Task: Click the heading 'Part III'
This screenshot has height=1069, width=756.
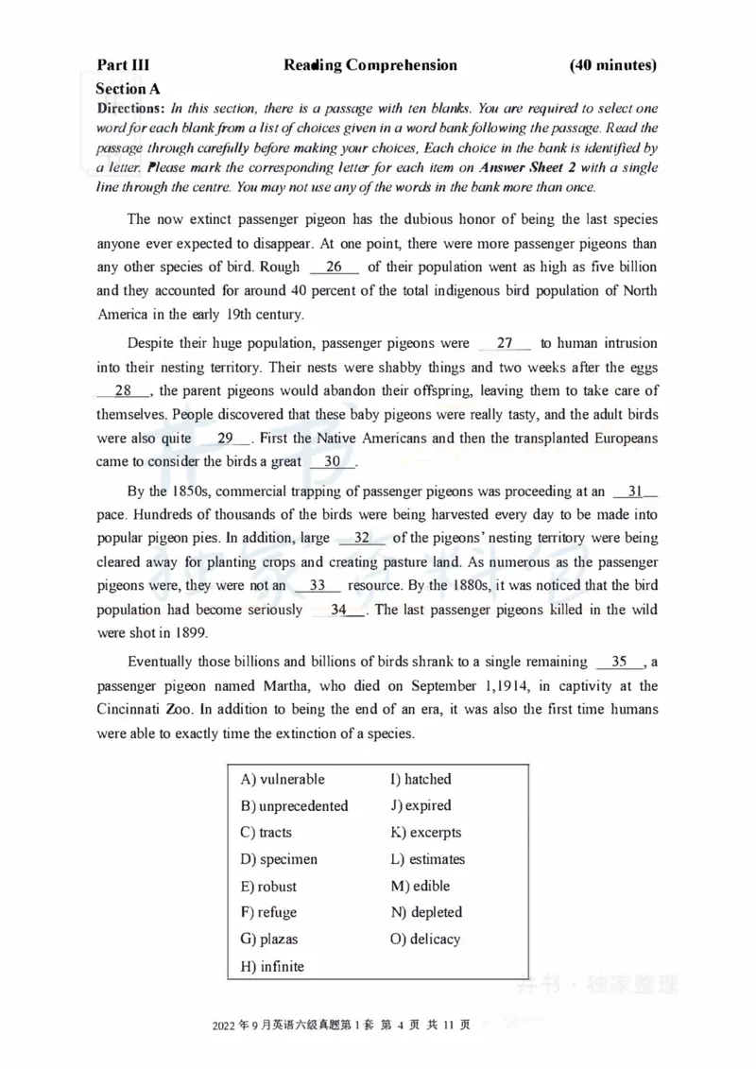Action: coord(123,65)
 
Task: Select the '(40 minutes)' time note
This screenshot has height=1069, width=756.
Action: coord(612,65)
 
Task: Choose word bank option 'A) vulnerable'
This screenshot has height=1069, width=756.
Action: coord(283,780)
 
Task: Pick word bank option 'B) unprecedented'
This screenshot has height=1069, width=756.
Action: coord(294,806)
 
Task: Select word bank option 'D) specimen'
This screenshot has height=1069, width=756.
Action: coord(279,859)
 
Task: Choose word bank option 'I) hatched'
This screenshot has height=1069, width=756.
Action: coord(421,780)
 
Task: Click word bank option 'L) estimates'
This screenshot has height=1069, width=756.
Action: coord(427,859)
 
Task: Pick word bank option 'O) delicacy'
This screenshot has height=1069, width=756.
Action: coord(425,940)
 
